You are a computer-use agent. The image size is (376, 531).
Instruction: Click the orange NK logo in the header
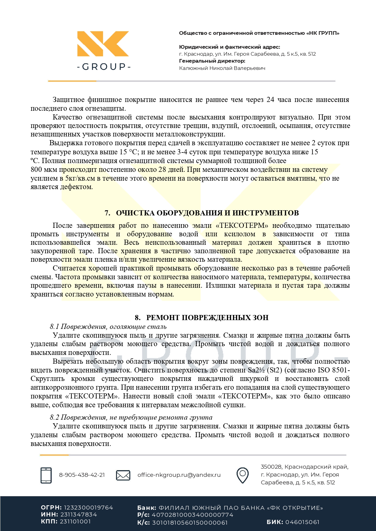103,44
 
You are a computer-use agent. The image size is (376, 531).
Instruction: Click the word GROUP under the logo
104,67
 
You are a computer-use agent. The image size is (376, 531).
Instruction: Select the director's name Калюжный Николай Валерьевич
222,68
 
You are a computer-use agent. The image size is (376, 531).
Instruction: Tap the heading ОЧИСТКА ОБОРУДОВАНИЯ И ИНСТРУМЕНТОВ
207,213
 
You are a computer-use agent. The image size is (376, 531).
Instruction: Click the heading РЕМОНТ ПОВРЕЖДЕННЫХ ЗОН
207,318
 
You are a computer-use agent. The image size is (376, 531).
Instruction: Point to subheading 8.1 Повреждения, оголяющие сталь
108,327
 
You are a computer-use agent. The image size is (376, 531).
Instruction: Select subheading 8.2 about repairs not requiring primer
131,418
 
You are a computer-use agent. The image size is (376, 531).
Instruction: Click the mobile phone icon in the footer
46,475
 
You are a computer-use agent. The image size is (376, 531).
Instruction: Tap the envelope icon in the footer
123,475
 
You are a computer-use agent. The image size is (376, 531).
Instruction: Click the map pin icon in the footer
242,475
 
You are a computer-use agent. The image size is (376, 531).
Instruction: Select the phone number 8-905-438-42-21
82,475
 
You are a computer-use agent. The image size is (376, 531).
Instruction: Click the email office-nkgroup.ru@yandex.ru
179,475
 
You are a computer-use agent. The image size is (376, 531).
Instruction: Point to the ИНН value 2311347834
78,515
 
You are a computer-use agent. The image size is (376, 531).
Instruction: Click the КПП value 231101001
75,522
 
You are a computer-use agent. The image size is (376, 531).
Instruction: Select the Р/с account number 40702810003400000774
192,515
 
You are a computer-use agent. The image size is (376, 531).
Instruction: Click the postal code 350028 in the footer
271,467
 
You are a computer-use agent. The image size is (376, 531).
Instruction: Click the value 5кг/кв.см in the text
80,179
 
